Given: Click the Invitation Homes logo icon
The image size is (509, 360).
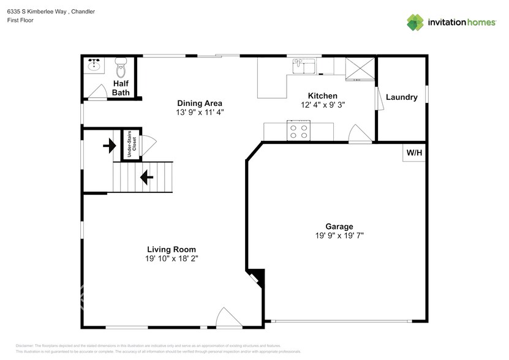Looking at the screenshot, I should click(x=416, y=22).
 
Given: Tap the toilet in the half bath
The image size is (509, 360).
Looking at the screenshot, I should click(x=121, y=65).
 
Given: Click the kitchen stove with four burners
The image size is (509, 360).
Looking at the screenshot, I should click(x=299, y=130).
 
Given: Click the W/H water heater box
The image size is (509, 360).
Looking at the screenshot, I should click(x=414, y=152).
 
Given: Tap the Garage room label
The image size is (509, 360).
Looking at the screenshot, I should click(x=339, y=227).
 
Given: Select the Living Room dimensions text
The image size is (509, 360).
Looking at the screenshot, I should click(x=172, y=259).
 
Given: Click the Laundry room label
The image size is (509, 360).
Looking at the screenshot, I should click(x=401, y=97).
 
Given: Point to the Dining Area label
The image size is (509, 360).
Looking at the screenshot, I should click(x=200, y=103).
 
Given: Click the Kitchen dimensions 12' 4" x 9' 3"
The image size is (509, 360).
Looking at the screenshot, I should click(x=322, y=105).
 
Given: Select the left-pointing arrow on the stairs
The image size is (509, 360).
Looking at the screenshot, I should click(x=146, y=178).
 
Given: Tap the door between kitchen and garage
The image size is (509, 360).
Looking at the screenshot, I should click(x=359, y=134).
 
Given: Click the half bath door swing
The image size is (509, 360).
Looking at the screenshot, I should click(x=96, y=92).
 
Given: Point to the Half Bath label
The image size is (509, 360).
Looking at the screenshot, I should click(x=121, y=88).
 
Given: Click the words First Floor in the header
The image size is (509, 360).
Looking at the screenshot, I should click(x=20, y=20).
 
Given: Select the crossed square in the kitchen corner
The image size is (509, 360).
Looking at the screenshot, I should click(x=360, y=69).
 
